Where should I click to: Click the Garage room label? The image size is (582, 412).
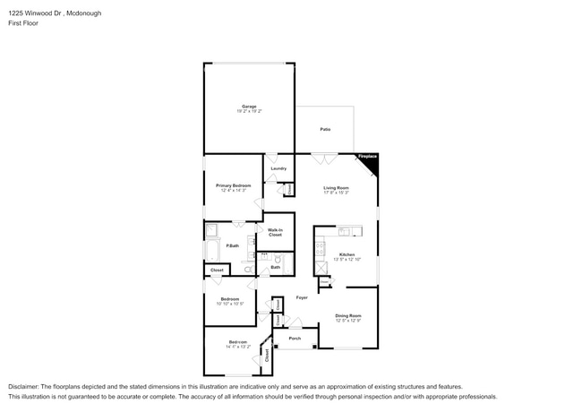click(249, 107)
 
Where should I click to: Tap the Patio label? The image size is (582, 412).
click(325, 130)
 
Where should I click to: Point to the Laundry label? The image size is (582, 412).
click(278, 167)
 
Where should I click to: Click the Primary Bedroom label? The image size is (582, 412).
click(233, 185)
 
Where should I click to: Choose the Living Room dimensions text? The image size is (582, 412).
click(336, 193)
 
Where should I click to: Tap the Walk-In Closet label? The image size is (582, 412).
click(276, 232)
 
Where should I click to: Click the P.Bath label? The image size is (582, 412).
click(232, 245)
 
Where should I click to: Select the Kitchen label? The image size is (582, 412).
click(345, 254)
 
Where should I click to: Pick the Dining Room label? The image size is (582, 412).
click(348, 315)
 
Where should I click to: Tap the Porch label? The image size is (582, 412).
click(294, 338)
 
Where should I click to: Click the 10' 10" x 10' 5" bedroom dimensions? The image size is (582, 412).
click(230, 304)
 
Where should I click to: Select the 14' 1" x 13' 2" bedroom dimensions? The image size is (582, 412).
click(237, 347)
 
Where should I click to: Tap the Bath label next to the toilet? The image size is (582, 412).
click(276, 267)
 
